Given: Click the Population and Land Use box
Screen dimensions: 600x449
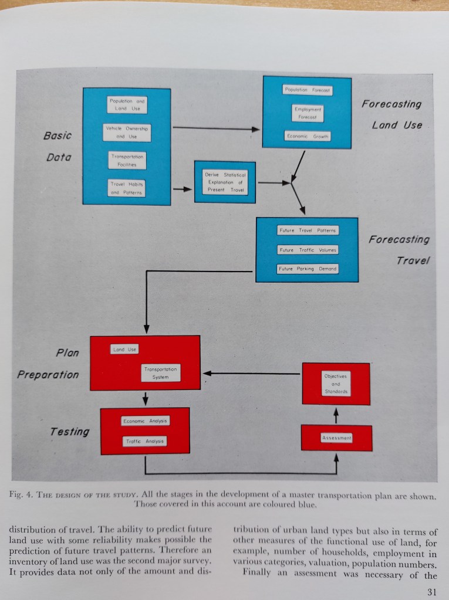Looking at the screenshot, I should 127,105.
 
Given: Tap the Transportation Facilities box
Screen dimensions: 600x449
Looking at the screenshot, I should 127,160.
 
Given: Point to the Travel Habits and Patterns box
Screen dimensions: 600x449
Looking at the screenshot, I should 127,188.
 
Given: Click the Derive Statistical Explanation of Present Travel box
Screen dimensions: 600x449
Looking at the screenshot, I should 225,182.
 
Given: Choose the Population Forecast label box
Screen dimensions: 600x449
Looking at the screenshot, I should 307,90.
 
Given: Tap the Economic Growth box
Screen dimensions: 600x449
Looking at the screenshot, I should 307,136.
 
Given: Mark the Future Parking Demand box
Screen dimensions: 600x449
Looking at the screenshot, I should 308,269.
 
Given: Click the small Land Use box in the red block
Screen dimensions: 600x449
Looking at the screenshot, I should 124,350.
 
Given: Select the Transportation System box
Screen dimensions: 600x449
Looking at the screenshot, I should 160,373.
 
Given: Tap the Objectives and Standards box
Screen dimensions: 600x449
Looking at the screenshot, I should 336,383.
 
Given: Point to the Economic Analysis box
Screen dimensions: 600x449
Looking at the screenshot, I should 144,421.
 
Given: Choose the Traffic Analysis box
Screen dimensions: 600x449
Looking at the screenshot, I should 144,440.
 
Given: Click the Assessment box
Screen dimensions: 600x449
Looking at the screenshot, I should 336,438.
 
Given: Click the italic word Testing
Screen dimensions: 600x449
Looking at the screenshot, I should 69,432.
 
